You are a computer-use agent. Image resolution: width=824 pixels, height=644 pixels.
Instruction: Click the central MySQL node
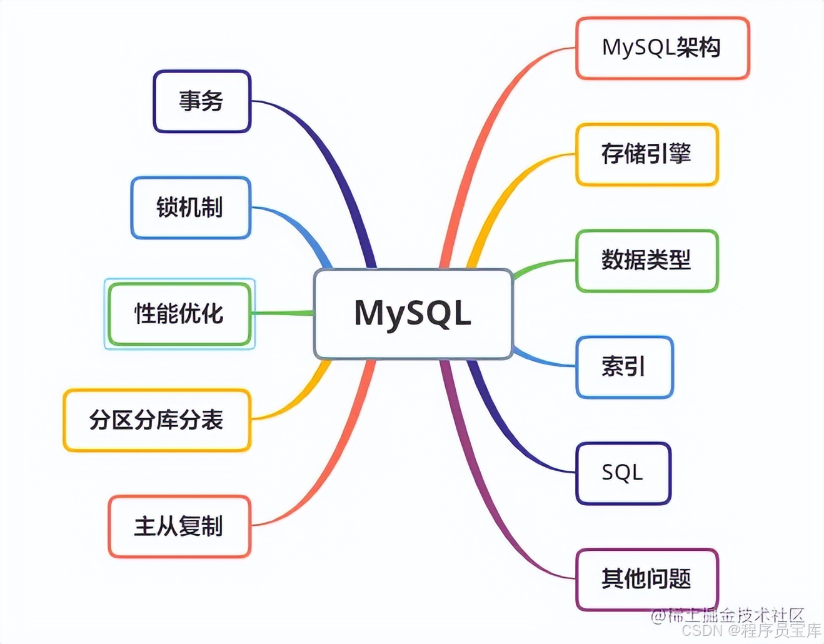pyautogui.click(x=413, y=313)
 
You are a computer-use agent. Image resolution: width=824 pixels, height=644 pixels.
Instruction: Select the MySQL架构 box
pyautogui.click(x=662, y=48)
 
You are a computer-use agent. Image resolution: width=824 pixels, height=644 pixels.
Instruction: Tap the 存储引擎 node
pyautogui.click(x=646, y=154)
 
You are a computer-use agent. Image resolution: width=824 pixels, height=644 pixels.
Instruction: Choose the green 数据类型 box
pyautogui.click(x=646, y=261)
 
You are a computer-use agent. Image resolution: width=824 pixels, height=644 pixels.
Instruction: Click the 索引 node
pyautogui.click(x=624, y=367)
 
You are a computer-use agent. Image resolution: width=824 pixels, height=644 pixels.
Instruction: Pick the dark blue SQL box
pyautogui.click(x=623, y=473)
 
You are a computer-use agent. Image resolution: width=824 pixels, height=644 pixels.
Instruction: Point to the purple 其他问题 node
pyautogui.click(x=646, y=580)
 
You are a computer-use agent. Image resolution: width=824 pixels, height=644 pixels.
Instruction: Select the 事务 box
pyautogui.click(x=202, y=101)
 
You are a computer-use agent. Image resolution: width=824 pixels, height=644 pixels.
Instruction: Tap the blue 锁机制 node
pyautogui.click(x=191, y=208)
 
